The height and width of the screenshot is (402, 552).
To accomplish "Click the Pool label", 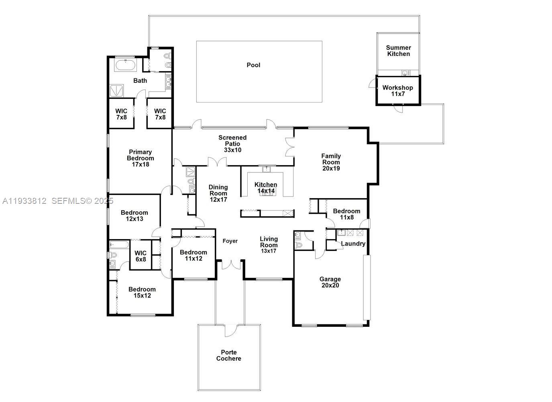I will tap(253, 65).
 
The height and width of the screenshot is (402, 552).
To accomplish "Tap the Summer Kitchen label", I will tap(398, 51).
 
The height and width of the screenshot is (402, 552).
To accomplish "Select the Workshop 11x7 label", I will tap(397, 90).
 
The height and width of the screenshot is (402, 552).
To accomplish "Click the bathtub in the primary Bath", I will tap(126, 65).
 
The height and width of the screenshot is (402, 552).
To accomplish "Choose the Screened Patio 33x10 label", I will tap(232, 144).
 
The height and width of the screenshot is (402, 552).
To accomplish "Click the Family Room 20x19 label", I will tap(331, 162).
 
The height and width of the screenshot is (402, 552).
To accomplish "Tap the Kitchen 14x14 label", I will tap(266, 188).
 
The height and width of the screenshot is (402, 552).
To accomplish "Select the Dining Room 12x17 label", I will tap(218, 193).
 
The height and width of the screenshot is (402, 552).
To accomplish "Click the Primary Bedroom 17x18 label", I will tap(140, 158).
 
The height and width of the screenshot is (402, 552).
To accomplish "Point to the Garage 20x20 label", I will tap(330, 282).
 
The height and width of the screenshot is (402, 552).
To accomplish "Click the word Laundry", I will tap(353, 244).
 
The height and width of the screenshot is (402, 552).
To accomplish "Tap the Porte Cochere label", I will tap(228, 355).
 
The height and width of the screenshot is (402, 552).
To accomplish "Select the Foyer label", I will tap(230, 241).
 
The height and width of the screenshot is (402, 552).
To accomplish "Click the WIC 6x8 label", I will tap(141, 256).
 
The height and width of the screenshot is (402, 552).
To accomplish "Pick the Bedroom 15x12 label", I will tap(142, 292).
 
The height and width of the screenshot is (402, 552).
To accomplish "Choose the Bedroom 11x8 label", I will tap(346, 214).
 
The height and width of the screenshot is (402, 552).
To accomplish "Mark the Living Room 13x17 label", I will tap(269, 245).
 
